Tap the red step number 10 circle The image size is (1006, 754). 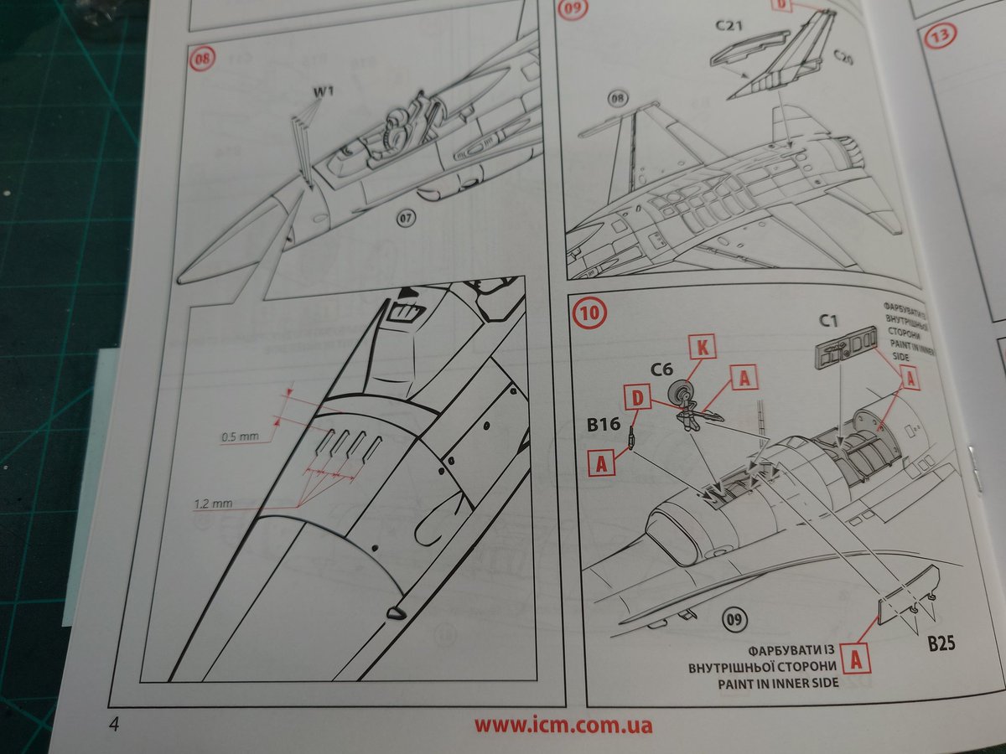[x=589, y=313]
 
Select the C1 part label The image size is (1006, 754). [x=828, y=319]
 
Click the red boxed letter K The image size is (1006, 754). [x=700, y=344]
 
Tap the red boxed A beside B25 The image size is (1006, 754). [x=855, y=658]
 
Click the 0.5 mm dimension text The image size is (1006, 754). [x=240, y=436]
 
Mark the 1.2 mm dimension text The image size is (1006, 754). [x=213, y=504]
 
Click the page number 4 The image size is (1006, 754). [x=113, y=725]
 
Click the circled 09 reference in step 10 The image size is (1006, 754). [x=734, y=620]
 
